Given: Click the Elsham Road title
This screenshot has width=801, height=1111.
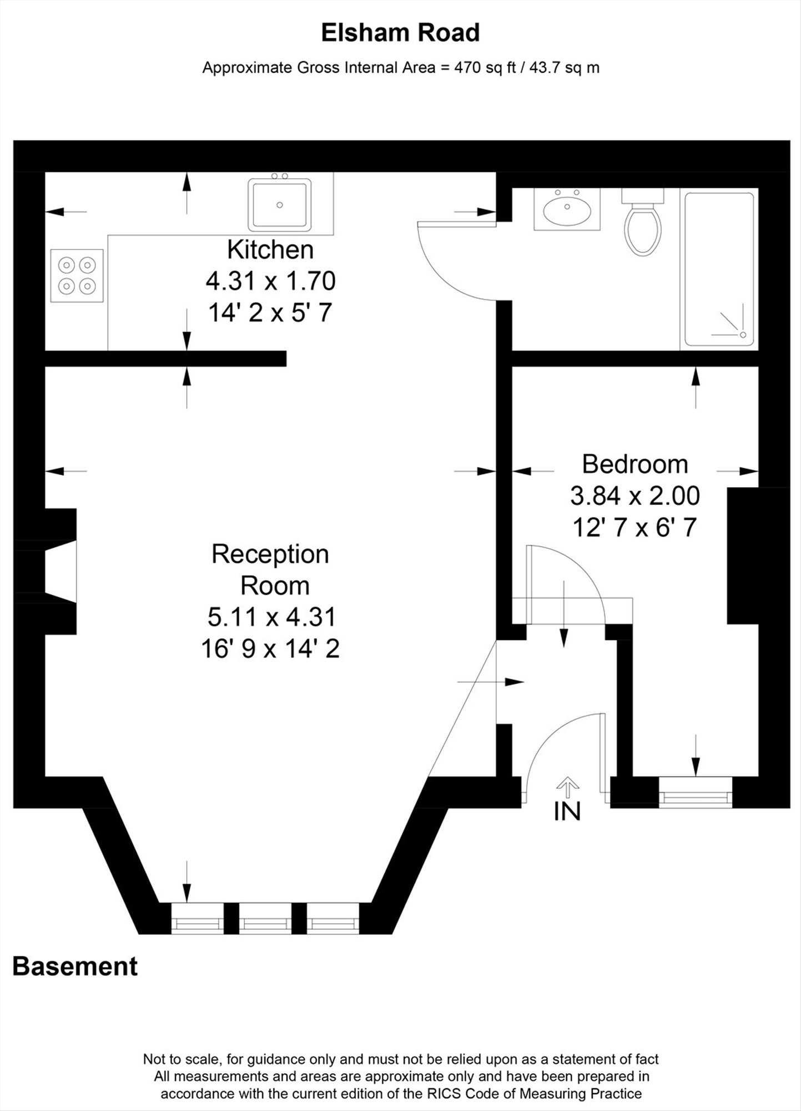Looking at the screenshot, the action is [400, 33].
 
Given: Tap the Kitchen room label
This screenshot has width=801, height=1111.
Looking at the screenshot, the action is [270, 250].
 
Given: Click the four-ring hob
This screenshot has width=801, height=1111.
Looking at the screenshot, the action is [77, 276].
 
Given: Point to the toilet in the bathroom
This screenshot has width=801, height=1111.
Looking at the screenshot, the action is [643, 222].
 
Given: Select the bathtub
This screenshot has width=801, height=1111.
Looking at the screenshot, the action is [719, 269].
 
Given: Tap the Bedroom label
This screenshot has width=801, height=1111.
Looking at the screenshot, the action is [635, 464].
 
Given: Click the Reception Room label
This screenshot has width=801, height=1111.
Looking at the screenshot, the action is [270, 570].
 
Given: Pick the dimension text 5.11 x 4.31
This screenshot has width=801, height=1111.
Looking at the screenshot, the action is [271, 617].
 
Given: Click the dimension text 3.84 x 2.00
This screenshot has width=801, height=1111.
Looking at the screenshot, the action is [635, 496].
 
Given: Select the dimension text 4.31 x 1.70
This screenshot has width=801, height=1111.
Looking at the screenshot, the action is [270, 281].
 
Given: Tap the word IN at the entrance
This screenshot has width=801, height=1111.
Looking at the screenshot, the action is [567, 812].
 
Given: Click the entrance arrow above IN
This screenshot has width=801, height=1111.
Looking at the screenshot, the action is [567, 787].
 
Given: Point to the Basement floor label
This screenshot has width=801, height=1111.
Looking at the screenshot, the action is [75, 967].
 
